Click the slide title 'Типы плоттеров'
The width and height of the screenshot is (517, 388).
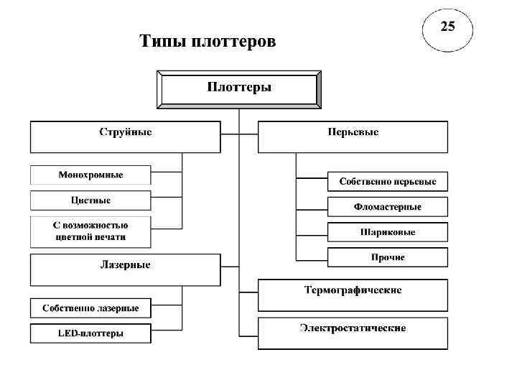coord(207,42)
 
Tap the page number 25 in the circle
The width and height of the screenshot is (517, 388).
coord(447,28)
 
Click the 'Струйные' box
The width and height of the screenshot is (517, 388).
coord(125,136)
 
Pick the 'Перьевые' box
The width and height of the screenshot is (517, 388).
coord(353,136)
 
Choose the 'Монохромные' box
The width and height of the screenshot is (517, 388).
coord(90,175)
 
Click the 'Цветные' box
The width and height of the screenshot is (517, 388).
coord(90,200)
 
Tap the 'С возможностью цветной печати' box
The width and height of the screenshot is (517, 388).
coord(90,231)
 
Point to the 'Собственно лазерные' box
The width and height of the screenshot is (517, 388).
coord(90,308)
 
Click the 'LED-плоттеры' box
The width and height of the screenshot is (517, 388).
coord(90,333)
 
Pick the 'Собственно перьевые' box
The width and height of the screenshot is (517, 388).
coord(388,181)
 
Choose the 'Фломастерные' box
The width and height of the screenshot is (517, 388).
coord(388,207)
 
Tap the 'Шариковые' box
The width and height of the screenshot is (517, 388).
coord(388,232)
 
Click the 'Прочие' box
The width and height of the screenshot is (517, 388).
coord(388,257)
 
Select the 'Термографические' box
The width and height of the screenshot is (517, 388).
coord(353,294)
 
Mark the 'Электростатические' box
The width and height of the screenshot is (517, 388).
coord(353,332)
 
